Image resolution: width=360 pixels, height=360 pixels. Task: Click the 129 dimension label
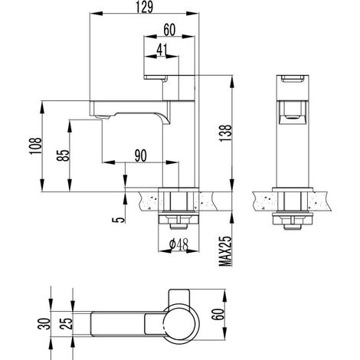click(144, 7)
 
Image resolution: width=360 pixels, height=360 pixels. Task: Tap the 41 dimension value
click(162, 50)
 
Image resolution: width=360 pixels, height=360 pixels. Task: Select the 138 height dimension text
click(226, 134)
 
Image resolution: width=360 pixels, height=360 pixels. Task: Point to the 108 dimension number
click(35, 146)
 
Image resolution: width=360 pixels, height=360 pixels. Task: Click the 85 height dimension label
click(64, 155)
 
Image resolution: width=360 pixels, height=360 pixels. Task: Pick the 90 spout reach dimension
click(141, 155)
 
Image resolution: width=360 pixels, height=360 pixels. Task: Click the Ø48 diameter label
click(178, 244)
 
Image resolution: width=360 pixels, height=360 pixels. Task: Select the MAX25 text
click(226, 251)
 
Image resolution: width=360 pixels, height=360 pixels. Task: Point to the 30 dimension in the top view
click(44, 323)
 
